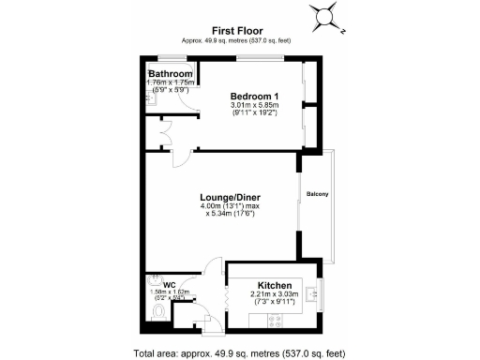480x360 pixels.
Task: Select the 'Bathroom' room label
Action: point(172,74)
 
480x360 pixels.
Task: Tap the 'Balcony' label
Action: point(316,194)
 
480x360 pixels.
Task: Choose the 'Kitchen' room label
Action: point(276,285)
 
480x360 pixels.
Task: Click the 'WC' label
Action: point(170,285)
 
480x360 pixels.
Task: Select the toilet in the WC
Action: point(158,312)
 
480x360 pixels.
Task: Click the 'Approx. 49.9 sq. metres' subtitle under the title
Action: point(236,40)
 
